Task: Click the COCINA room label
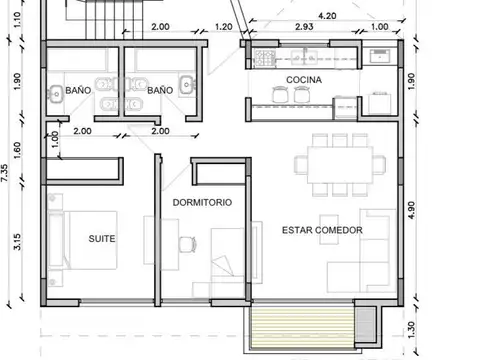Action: point(303,78)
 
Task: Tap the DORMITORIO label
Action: point(203,202)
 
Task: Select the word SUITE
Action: point(101,239)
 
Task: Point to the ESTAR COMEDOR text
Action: point(322,231)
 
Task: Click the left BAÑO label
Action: point(78,91)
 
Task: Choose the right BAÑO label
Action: point(159,91)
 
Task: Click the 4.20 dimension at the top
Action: point(326,16)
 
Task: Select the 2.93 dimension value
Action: point(304,28)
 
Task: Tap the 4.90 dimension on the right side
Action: point(410,209)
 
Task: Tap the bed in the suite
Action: point(84,240)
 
